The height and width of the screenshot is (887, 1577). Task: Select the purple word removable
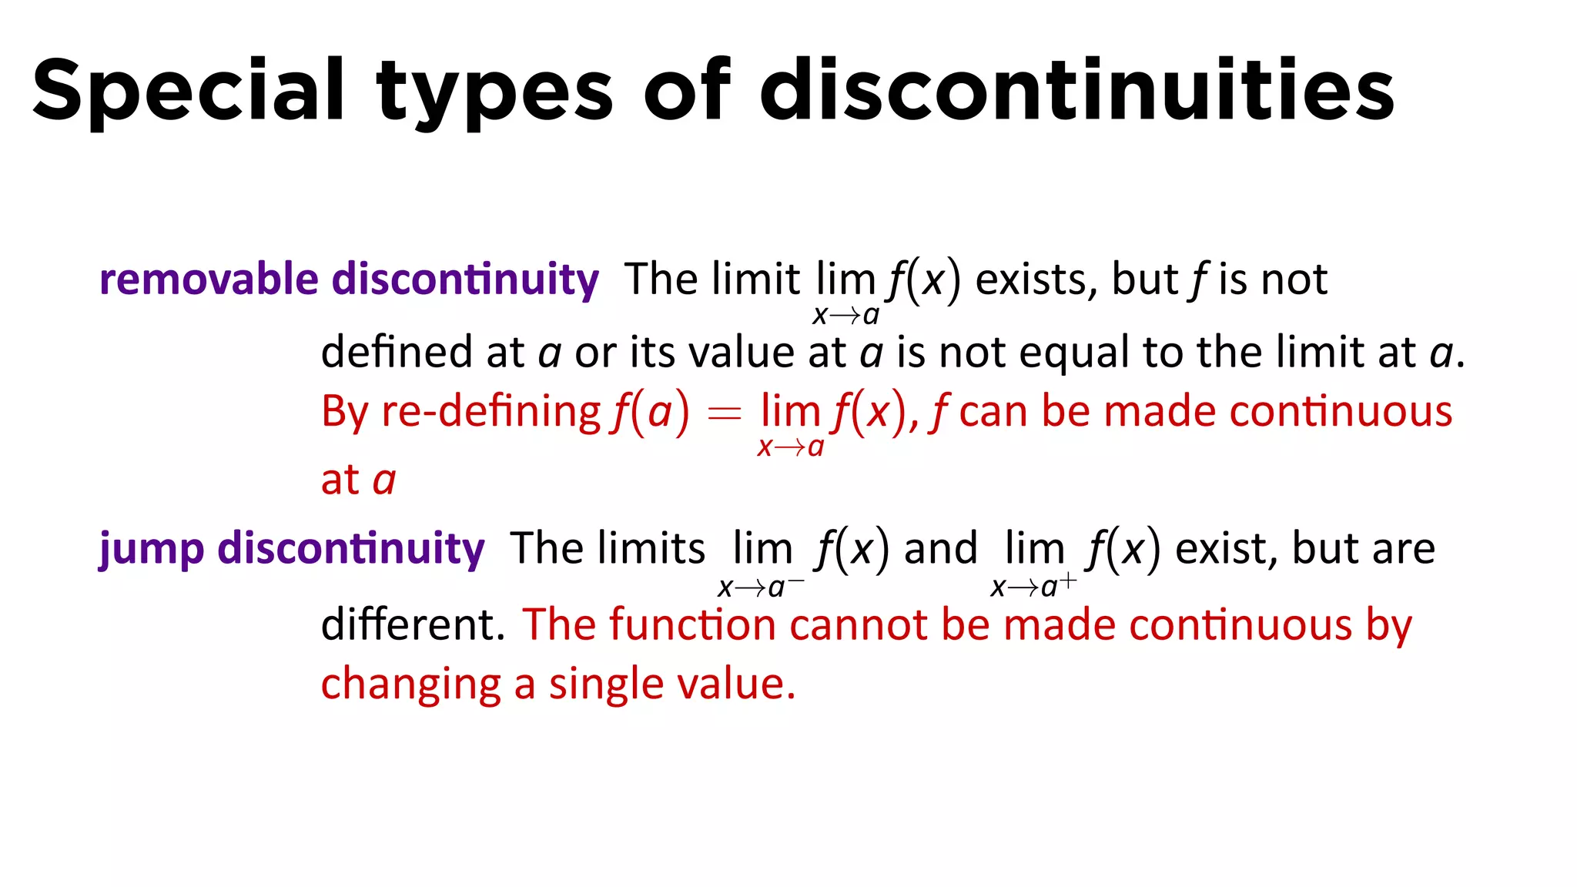[209, 279]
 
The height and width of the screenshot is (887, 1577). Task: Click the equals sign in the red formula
[724, 414]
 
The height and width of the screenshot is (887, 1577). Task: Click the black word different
[413, 624]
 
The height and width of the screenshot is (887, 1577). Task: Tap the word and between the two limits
[940, 549]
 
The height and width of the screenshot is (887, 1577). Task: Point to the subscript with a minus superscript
[761, 587]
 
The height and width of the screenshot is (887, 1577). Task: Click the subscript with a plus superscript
[1033, 587]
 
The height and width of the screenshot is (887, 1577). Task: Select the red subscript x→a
[791, 447]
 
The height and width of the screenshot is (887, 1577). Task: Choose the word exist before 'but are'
[1225, 549]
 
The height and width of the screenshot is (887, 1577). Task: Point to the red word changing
[410, 684]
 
